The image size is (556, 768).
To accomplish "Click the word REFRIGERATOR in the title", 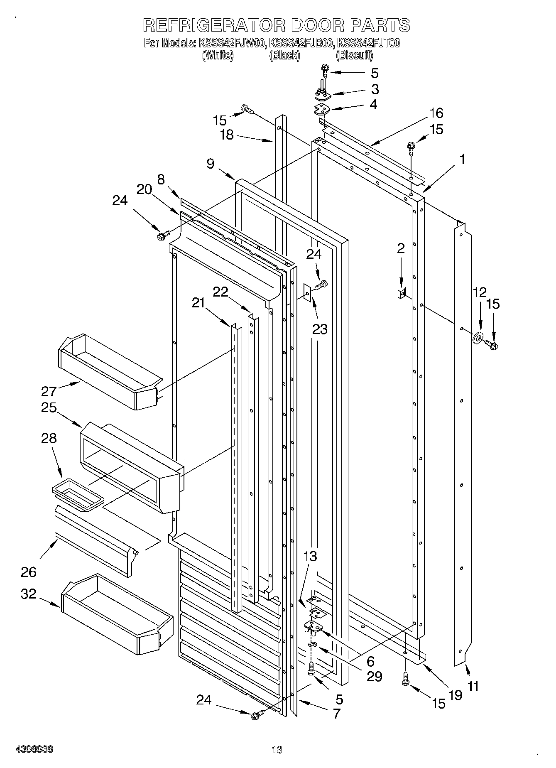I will (x=214, y=25).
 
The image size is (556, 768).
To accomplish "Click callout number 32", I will (x=29, y=594).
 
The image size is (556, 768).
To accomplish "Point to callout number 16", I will (x=436, y=113).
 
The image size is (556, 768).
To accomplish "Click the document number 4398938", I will (x=34, y=749).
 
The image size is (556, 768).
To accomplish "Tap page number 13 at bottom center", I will (x=277, y=750).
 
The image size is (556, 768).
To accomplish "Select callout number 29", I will (x=374, y=677).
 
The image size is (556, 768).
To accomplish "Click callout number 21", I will (x=198, y=303).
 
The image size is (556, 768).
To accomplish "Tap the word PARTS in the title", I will (x=380, y=25).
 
